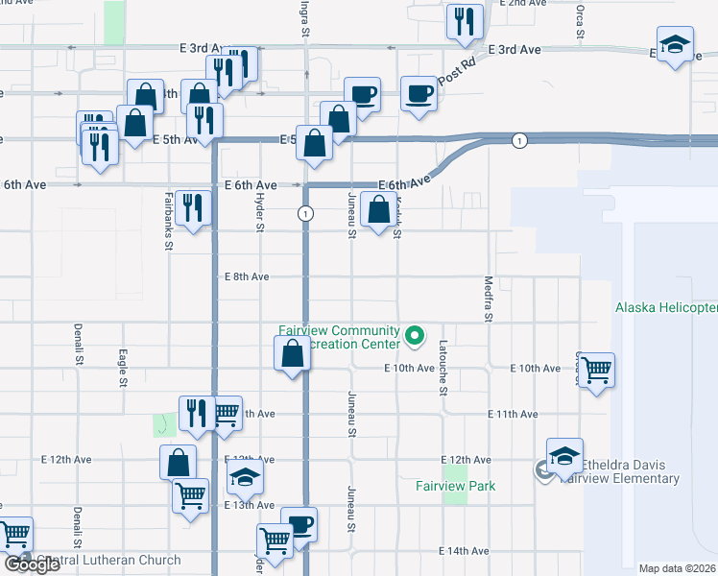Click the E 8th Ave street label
tap(246, 276)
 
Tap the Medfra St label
tap(489, 300)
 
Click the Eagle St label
tap(122, 369)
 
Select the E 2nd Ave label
tap(525, 4)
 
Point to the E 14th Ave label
tap(464, 551)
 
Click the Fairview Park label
tap(455, 486)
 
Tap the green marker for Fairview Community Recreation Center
tap(415, 336)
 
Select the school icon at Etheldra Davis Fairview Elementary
tap(564, 455)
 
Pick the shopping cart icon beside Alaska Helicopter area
tap(597, 369)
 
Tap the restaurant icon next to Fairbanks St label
tap(193, 206)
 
